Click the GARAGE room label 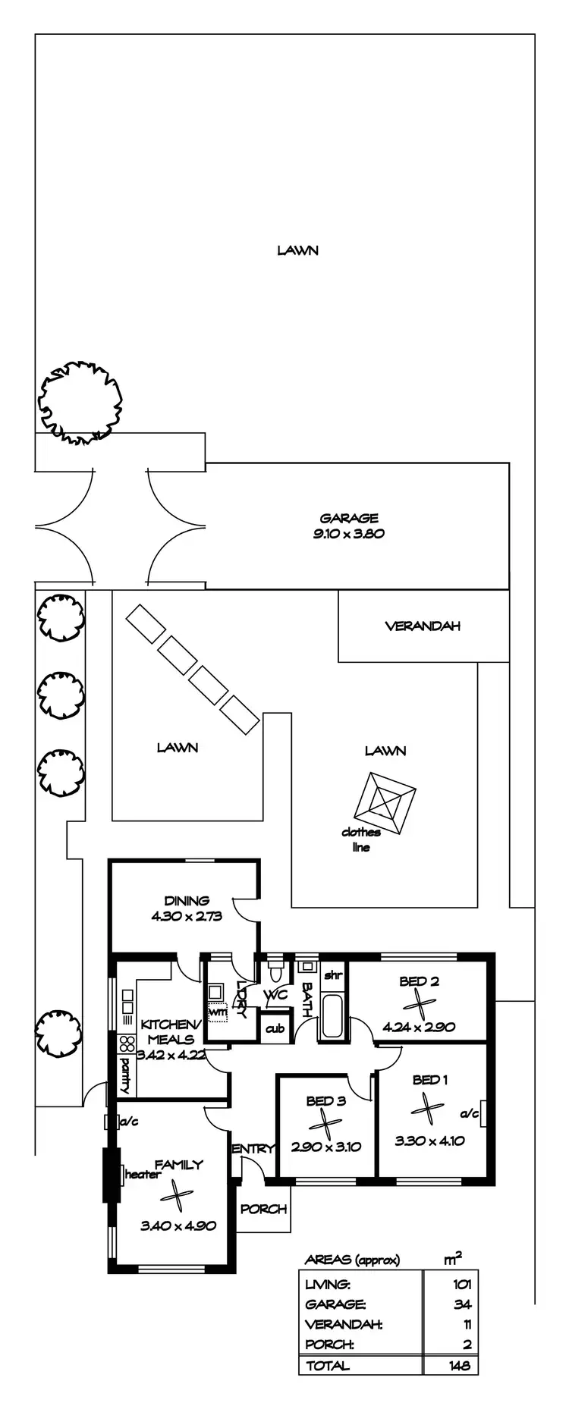pos(349,519)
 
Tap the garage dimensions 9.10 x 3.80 pos(349,533)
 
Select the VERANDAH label pos(423,626)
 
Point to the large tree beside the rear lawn pos(80,402)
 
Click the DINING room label pos(187,901)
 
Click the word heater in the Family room pos(143,1175)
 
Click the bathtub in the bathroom pos(332,1016)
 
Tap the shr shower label pos(332,975)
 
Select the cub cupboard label pos(275,1029)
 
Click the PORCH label pos(264,1209)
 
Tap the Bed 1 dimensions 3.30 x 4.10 pos(429,1141)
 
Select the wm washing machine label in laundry pos(218,1012)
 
